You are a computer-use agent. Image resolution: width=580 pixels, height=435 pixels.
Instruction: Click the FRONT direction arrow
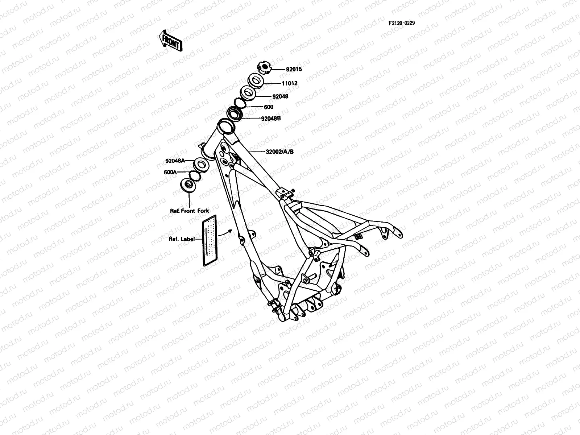tap(170, 40)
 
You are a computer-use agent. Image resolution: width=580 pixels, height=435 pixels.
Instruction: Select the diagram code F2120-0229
tap(401, 23)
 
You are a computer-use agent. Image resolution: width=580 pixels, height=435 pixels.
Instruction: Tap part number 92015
tap(294, 69)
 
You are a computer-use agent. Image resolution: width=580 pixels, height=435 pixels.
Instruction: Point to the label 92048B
tap(271, 118)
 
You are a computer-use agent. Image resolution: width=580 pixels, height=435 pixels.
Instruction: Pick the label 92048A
tap(175, 161)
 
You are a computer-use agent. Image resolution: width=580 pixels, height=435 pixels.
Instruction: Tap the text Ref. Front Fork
tap(190, 211)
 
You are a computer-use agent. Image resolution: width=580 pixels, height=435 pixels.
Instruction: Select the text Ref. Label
tap(181, 239)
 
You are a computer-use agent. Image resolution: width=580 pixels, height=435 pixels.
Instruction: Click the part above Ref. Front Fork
tap(189, 186)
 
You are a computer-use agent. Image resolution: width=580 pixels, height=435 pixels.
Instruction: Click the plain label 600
tap(269, 107)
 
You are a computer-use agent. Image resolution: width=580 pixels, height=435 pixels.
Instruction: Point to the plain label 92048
tap(280, 97)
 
